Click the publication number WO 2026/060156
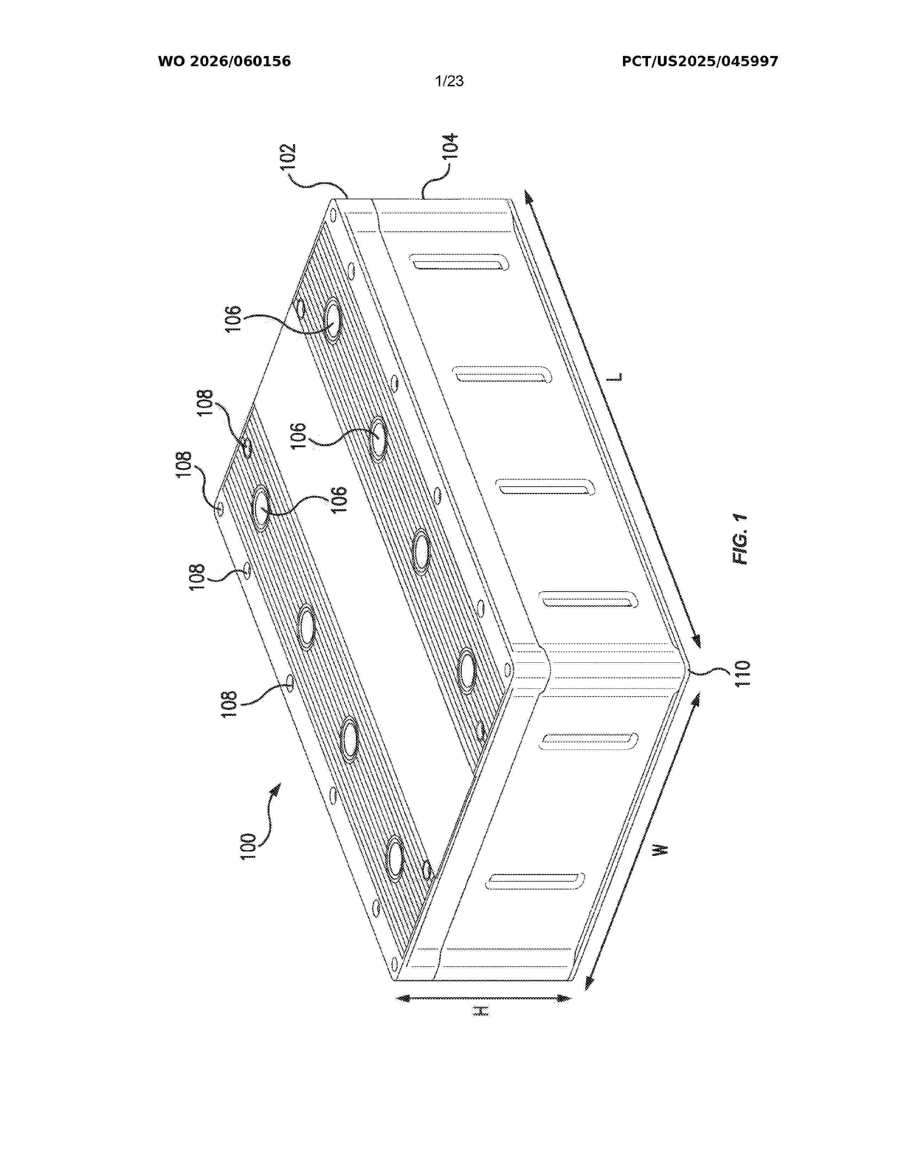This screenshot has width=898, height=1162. point(225,62)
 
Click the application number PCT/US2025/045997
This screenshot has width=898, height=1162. point(700,62)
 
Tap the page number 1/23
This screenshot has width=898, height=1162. point(449,81)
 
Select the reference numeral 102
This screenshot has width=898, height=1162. point(288,157)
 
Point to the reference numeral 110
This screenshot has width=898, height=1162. point(743,673)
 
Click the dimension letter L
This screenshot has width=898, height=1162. point(616,377)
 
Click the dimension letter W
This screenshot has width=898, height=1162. point(660,849)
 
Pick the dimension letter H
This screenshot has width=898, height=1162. point(481,1011)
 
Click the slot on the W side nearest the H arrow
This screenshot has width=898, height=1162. point(535,881)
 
